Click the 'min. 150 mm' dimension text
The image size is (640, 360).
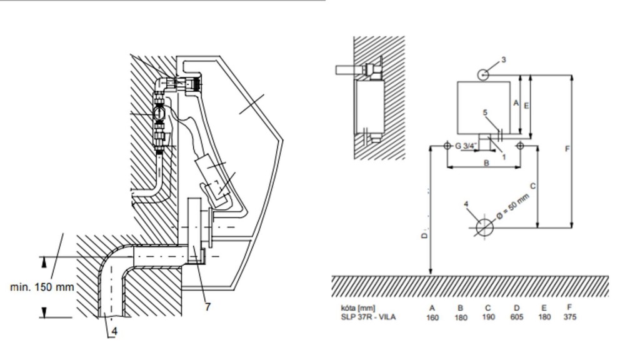coord(42,287)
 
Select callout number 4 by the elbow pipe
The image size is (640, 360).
coord(114,332)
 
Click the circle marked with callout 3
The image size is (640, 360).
coord(484,74)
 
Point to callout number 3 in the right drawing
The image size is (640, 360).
coord(503,61)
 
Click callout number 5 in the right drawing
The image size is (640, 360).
coord(484,113)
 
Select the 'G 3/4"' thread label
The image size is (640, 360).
coord(466,146)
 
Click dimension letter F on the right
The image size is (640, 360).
coord(566,150)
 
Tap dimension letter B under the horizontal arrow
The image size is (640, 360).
coord(486,163)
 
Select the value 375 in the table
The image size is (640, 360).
coord(569,317)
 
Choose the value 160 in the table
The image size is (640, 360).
coord(432,317)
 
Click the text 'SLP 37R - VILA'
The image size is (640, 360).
coord(367,317)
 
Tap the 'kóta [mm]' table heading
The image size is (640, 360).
coord(357,307)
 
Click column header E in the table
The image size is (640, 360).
coord(542,307)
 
